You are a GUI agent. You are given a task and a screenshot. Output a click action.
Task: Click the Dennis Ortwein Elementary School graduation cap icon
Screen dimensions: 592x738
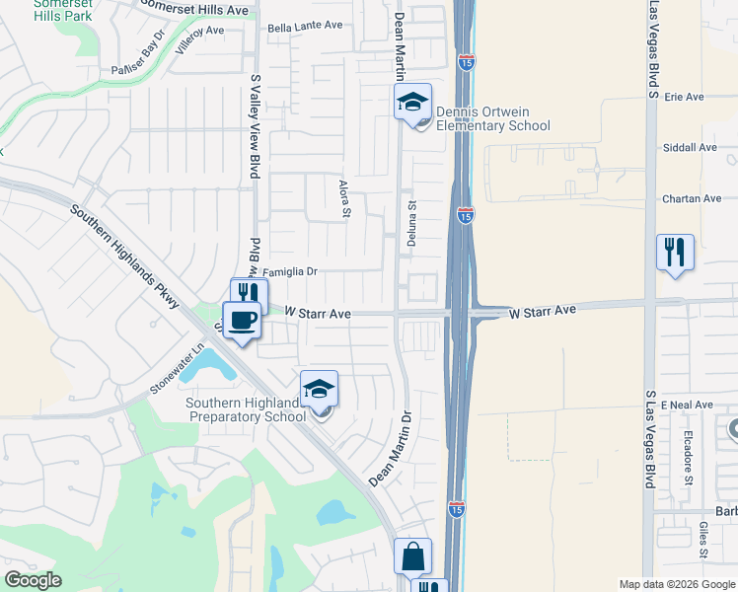coord(413,101)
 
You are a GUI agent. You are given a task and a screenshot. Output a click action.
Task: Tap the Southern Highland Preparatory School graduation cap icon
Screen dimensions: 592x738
coord(320,390)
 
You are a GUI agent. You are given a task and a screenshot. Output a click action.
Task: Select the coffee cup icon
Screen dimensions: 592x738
coord(242,319)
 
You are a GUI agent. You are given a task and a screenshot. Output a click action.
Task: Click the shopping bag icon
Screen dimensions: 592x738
coord(412,557)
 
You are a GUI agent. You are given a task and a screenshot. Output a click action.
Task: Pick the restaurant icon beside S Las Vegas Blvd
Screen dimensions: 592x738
coord(675,252)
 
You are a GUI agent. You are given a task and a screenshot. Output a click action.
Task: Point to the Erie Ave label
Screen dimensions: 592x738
coord(684,97)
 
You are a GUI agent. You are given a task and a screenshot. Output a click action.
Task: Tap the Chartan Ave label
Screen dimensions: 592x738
coord(692,198)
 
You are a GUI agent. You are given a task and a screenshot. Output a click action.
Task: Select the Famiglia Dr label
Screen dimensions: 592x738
coord(289,271)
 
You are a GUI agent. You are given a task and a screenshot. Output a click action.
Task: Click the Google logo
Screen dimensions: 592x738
coord(33,580)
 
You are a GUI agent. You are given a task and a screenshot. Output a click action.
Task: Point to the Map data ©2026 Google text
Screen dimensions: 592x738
coord(678,584)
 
